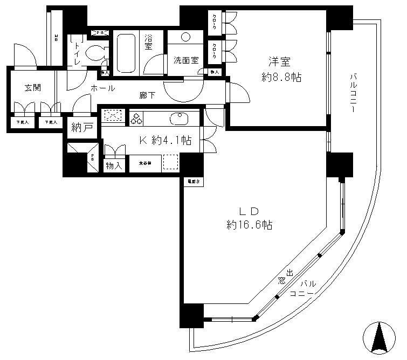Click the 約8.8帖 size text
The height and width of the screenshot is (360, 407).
point(282,78)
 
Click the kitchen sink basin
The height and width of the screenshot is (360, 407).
point(177,118)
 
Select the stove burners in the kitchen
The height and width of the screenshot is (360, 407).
point(135,117)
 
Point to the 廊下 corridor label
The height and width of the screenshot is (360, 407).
point(147,95)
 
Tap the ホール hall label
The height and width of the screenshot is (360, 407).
point(102,88)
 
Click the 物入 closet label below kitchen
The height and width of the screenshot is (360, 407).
point(114,165)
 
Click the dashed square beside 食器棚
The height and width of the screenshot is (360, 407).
point(170,163)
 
